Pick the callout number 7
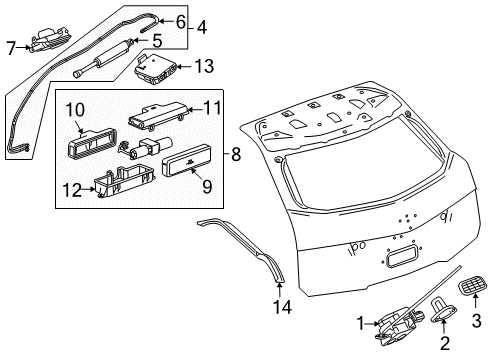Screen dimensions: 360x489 pos(12,47)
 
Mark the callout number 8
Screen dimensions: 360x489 pos(235,154)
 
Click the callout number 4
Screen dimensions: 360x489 pos(202,27)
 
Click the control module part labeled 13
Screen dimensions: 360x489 pos(157,70)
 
